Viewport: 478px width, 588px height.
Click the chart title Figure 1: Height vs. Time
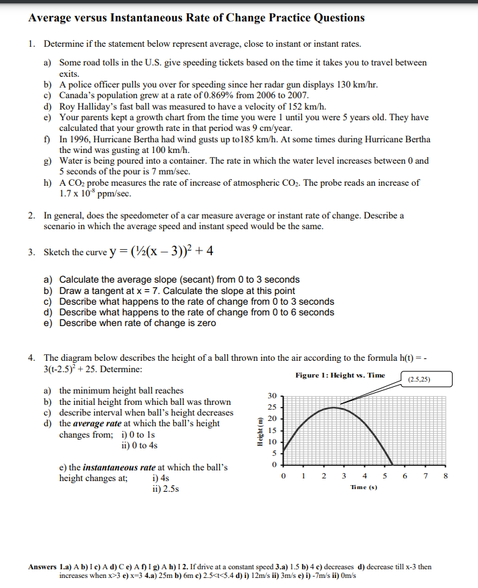click(x=340, y=376)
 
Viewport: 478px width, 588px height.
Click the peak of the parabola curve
click(x=334, y=407)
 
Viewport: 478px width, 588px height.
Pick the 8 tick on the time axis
click(x=446, y=476)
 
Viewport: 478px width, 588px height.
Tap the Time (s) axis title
click(x=364, y=488)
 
